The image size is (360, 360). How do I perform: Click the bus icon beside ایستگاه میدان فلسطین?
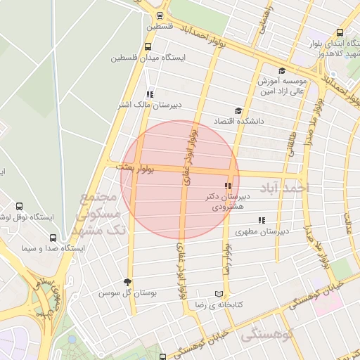click(x=147, y=47)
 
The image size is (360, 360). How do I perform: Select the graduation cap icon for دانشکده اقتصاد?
click(x=238, y=110)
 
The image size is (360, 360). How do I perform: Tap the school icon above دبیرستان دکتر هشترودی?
click(x=228, y=186)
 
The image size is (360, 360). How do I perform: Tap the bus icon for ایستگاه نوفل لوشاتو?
click(x=19, y=207)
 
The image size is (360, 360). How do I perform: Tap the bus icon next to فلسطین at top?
click(x=161, y=15)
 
